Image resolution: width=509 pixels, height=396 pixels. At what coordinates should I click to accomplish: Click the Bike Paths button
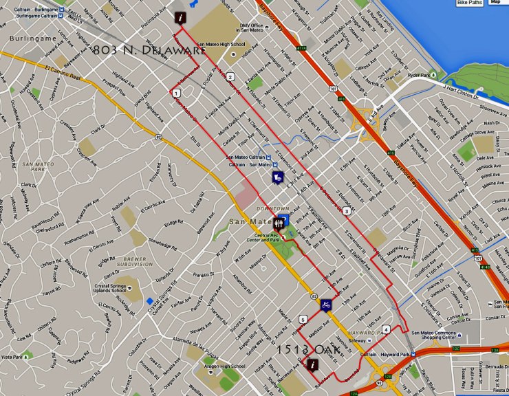470,3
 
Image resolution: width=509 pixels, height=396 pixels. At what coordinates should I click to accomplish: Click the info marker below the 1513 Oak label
313,364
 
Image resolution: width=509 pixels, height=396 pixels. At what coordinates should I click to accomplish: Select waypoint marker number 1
177,93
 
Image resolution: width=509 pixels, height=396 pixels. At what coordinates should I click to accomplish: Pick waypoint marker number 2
230,76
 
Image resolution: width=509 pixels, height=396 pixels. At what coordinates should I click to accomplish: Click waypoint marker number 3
347,210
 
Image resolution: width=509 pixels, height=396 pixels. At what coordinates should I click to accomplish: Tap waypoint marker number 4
387,329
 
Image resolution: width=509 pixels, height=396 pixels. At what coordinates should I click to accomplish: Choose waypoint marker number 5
303,319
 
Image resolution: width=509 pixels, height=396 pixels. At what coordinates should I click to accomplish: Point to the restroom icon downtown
279,223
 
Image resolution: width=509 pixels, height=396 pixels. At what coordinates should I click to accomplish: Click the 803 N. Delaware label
149,50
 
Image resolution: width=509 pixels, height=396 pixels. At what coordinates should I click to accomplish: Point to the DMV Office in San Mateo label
252,27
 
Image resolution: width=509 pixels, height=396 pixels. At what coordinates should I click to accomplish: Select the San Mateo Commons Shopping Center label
433,335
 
